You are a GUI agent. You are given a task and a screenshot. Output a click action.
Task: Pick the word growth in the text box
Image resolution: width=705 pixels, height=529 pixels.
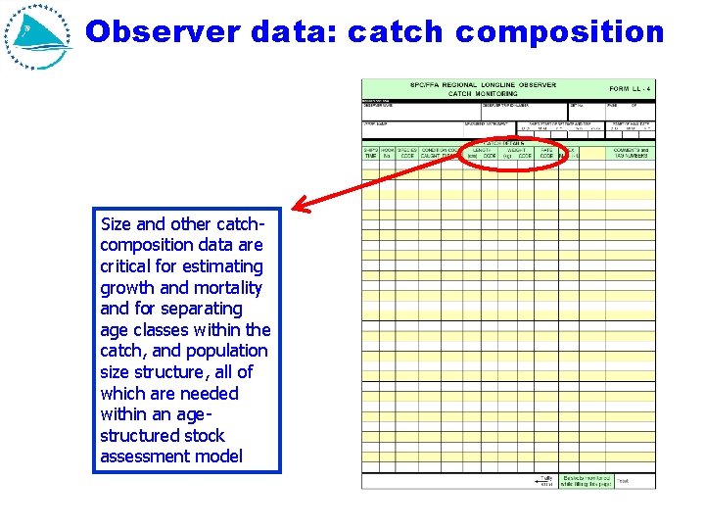[x=127, y=288]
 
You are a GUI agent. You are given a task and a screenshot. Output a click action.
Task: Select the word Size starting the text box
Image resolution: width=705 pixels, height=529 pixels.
[x=117, y=224]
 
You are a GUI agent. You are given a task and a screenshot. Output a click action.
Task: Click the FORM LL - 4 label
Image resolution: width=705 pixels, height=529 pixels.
[x=630, y=89]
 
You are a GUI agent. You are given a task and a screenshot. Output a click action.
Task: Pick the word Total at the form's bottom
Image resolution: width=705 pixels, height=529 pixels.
[x=624, y=480]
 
